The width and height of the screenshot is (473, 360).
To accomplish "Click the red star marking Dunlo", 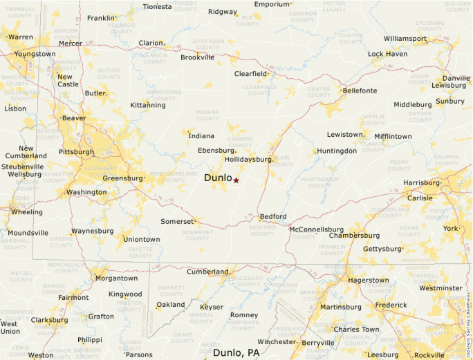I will click(x=236, y=180).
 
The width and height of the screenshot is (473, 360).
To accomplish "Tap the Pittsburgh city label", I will click(x=76, y=151).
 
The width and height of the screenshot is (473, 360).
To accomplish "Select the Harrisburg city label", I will click(x=421, y=183).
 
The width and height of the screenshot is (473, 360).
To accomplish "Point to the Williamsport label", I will click(x=405, y=38).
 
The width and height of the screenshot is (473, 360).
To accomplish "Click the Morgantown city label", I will click(x=116, y=278).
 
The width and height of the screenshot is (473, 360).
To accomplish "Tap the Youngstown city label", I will click(x=35, y=53).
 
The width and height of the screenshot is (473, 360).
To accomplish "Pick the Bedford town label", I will click(x=272, y=216).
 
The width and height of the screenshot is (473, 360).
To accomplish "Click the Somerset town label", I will click(x=178, y=221).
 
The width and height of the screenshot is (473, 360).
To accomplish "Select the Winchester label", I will click(x=276, y=341).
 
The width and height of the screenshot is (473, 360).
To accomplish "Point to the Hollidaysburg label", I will click(x=248, y=159).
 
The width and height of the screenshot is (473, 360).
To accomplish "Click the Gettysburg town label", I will click(x=382, y=248).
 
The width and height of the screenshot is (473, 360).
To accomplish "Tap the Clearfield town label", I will click(x=250, y=73).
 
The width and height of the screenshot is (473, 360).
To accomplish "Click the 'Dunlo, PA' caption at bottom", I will click(x=236, y=352).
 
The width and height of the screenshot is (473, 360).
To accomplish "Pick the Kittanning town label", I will click(x=148, y=105).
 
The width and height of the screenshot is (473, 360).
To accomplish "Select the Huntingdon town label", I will click(x=337, y=151).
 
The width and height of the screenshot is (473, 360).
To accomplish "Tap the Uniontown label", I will click(x=141, y=239).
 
